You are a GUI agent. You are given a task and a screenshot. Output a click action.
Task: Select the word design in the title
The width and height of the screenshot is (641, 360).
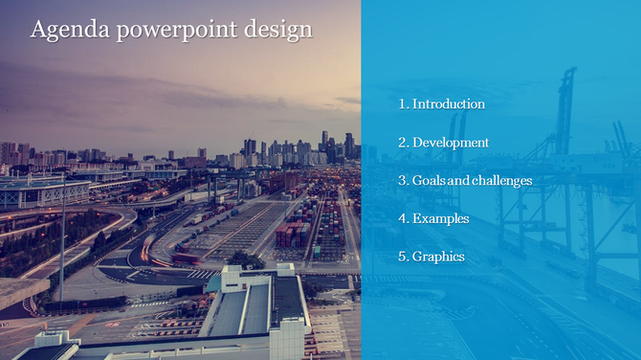tap(278, 31)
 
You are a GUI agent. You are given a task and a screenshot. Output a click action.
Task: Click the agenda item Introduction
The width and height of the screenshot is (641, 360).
tap(449, 103)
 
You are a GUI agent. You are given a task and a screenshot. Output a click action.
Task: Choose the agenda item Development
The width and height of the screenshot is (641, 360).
tap(451, 142)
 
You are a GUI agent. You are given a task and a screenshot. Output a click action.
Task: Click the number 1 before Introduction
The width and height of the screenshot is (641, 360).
tap(402, 103)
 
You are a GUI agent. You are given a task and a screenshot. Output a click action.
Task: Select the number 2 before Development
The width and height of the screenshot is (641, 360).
tap(402, 142)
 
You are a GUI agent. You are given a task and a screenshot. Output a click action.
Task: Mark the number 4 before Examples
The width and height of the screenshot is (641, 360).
tap(402, 218)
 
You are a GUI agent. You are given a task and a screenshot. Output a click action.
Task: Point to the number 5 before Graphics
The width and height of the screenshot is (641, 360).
tap(402, 257)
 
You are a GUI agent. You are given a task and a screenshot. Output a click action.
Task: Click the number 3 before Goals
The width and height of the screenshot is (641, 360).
tap(402, 180)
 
